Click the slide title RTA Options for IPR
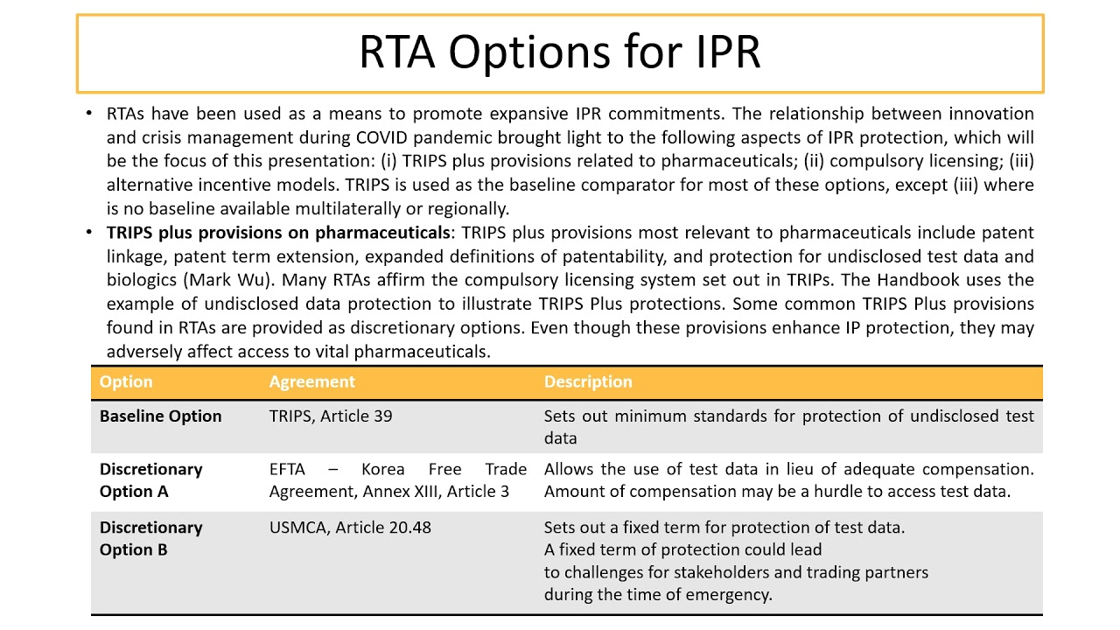tap(559, 52)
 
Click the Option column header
tap(126, 381)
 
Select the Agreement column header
tap(311, 381)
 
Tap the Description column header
tap(587, 381)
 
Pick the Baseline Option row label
tap(160, 416)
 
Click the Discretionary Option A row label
tap(150, 480)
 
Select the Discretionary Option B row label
tap(150, 539)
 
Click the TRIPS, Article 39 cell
tap(330, 416)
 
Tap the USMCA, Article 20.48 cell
tap(350, 528)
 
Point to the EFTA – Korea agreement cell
tap(397, 480)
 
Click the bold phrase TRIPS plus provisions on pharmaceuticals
tap(277, 233)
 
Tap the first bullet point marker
tap(88, 114)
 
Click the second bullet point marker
tap(88, 233)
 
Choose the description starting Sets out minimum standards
tap(787, 427)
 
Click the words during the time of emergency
tap(658, 595)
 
